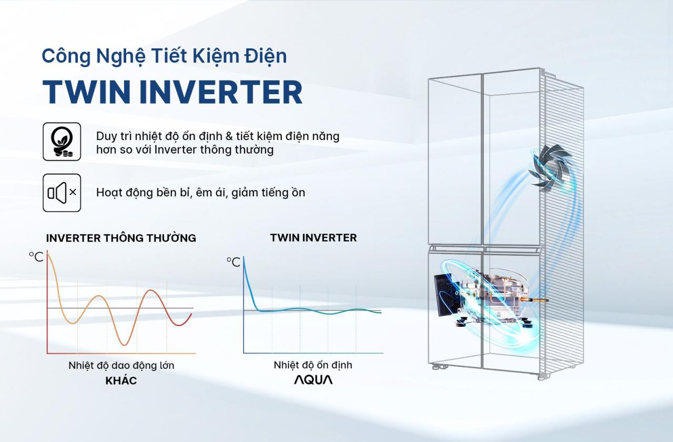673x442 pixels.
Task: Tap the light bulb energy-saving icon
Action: click(62, 142)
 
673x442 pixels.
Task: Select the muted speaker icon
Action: click(62, 193)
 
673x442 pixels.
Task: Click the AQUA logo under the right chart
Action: click(313, 379)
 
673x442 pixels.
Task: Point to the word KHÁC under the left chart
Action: click(121, 380)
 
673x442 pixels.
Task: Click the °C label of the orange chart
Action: click(36, 257)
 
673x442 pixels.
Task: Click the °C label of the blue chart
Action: click(233, 262)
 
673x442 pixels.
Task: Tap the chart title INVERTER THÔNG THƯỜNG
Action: click(121, 238)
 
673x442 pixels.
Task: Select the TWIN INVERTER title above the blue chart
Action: click(313, 238)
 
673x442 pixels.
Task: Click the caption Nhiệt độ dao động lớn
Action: click(121, 365)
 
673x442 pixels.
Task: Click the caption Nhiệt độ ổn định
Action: click(313, 365)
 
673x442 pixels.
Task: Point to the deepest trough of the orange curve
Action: click(124, 344)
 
